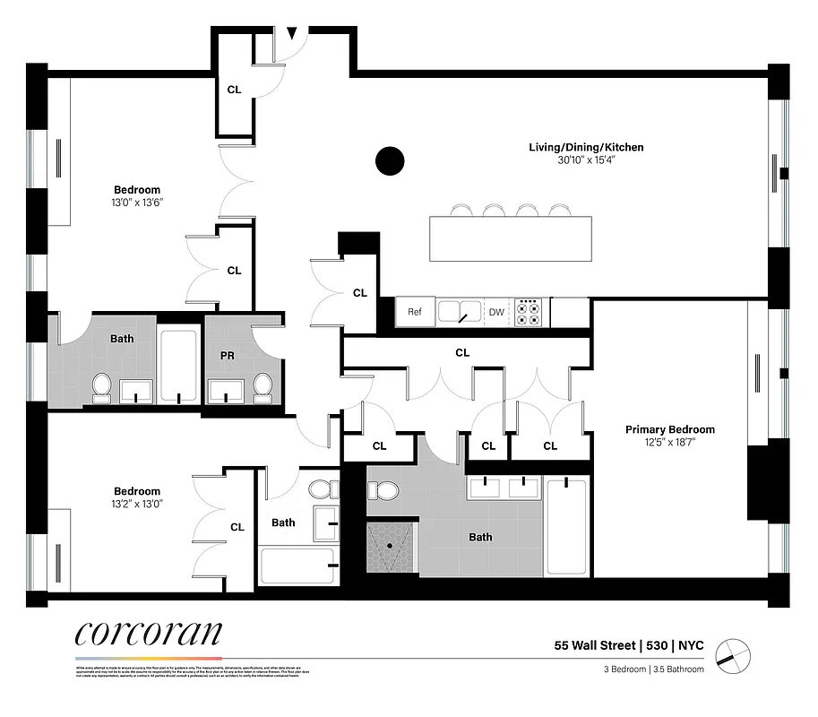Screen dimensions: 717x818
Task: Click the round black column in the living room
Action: click(x=390, y=161)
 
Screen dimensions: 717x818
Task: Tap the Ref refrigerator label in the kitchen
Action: click(x=415, y=312)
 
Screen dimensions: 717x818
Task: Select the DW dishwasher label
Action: click(x=495, y=312)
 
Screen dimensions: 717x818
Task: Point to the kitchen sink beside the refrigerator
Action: click(x=460, y=311)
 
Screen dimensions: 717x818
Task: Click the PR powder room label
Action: click(x=228, y=356)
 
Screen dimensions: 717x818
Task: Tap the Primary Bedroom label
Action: click(x=669, y=429)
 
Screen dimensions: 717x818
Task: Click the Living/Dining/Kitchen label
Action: click(x=585, y=147)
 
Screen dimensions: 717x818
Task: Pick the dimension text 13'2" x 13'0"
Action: click(x=137, y=504)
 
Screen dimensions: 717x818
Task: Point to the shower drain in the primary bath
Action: click(x=392, y=544)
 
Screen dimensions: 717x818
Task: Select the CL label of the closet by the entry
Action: click(x=234, y=90)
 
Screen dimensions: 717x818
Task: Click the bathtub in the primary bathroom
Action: click(x=566, y=528)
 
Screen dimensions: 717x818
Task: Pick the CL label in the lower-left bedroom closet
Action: click(x=237, y=527)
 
